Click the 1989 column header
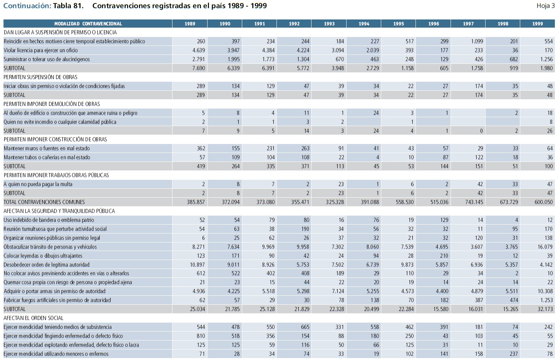coord(190,24)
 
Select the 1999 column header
coord(537,24)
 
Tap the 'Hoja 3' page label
coord(545,6)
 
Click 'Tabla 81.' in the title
coord(68,6)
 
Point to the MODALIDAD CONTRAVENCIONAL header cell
coord(88,24)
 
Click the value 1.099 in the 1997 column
coord(477,41)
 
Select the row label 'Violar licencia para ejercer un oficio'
coord(40,50)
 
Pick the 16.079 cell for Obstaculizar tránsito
coord(545,247)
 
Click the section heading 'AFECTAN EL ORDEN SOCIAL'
coord(33,318)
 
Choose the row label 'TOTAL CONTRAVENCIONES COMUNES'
coord(44,202)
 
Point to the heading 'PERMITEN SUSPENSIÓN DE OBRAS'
coord(40,77)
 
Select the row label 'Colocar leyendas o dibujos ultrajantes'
coord(43,256)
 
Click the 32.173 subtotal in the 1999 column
coord(545,309)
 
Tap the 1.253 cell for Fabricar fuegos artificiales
coord(546,300)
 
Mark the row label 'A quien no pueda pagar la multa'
coord(38,184)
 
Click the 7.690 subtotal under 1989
coord(198,68)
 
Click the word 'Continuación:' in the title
coord(27,6)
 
